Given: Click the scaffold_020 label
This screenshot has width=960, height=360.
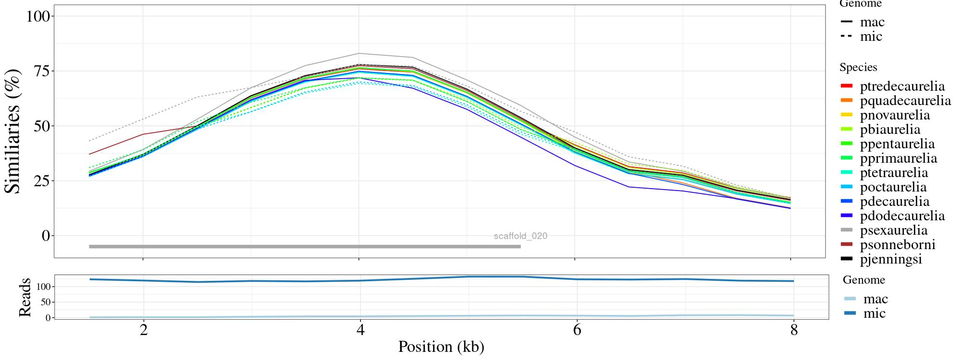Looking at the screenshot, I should (520, 236).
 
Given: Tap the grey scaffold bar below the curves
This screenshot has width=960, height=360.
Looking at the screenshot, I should (305, 247).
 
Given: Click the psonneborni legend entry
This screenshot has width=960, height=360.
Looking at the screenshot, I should (898, 245).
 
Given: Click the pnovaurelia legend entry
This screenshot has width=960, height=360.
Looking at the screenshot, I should (895, 115).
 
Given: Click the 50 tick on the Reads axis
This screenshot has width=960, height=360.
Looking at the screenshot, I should (46, 302).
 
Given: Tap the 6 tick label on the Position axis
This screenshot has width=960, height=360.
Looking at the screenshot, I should (576, 331).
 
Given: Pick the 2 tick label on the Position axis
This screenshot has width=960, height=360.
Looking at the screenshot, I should (143, 331).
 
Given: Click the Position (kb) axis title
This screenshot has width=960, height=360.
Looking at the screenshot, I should (441, 347).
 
